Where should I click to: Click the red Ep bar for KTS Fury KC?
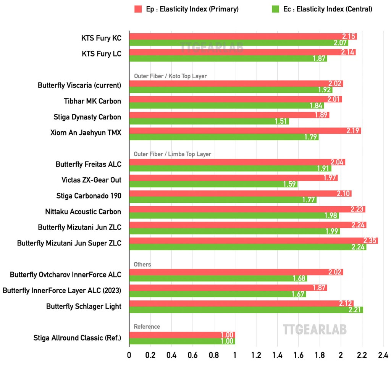point(243,36)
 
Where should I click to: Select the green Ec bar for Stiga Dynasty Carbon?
point(209,121)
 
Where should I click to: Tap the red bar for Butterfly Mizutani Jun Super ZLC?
point(253,241)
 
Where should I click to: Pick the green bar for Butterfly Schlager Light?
point(246,310)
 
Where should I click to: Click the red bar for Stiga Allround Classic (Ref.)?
point(182,335)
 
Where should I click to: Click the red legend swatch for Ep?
point(138,9)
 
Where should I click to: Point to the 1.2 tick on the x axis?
point(256,354)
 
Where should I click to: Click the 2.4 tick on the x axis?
point(383,354)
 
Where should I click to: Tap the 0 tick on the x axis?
point(129,354)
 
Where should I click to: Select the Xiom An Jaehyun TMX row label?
point(86,133)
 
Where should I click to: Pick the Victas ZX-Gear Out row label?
point(91,180)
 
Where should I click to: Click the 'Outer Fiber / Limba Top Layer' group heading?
point(172,154)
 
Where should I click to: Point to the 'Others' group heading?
point(142,264)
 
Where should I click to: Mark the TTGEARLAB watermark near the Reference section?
point(315,329)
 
